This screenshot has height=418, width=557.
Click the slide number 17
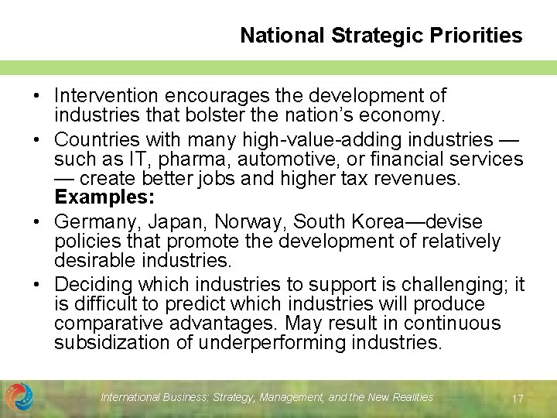click(518, 399)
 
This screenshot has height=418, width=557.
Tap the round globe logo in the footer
click(19, 397)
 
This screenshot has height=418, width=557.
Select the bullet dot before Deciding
click(37, 284)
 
